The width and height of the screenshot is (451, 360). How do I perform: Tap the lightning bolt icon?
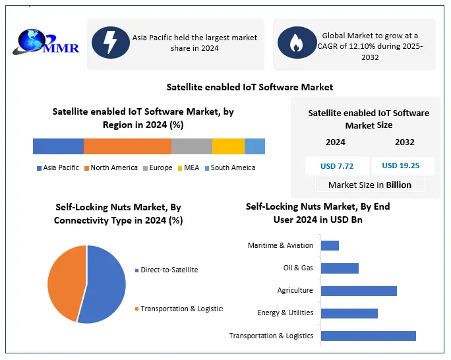pos(110,42)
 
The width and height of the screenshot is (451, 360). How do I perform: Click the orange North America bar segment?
pos(127,146)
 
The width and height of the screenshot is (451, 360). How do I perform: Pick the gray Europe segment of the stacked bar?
pos(191,146)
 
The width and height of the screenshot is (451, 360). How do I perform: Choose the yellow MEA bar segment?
pos(228,146)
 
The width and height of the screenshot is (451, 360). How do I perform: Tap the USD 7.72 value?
pos(337,165)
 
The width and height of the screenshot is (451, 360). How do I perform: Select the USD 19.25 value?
pos(401,165)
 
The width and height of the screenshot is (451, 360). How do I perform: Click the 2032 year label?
pos(405,142)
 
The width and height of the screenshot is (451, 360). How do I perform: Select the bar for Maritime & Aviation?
pos(330,245)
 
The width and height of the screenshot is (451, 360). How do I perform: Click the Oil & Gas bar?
pos(340,268)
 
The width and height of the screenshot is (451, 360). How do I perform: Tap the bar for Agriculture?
pos(359,291)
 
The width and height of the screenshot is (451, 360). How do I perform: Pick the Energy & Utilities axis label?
pos(285,313)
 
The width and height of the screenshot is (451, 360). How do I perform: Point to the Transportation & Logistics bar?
pos(368,336)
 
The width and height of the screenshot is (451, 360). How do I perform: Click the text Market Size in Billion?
pos(369,185)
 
